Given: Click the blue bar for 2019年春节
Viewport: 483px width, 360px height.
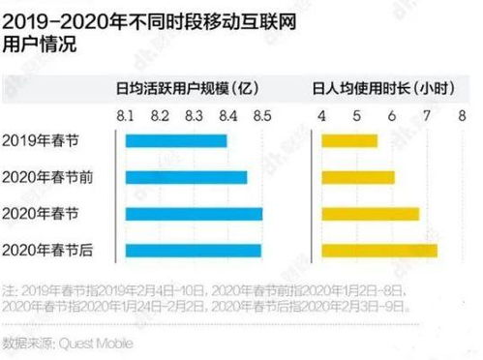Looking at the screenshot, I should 176,141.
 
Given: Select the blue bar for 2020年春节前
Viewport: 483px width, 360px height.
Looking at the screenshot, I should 186,177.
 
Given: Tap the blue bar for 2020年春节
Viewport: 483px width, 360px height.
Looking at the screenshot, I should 194,213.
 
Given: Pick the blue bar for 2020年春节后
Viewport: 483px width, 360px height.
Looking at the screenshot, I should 193,250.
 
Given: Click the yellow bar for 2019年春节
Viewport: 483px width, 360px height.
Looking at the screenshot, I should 349,141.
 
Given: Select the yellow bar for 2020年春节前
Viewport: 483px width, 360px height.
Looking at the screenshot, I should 358,177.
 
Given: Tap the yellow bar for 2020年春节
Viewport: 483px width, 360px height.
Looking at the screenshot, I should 371,213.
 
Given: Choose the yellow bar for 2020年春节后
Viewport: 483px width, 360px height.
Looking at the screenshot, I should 379,250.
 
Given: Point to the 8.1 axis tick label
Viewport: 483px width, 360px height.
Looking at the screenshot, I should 126,116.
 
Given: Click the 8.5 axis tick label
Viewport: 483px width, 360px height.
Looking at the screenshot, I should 261,116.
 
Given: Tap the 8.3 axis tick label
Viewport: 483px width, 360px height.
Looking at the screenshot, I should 194,116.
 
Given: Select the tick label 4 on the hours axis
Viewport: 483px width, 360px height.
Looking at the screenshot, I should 322,116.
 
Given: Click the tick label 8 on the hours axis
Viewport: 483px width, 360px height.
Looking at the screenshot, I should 464,116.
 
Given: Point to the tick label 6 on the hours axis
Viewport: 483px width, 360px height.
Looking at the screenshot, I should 393,116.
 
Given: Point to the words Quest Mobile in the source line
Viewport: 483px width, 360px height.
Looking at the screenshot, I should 95,343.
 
